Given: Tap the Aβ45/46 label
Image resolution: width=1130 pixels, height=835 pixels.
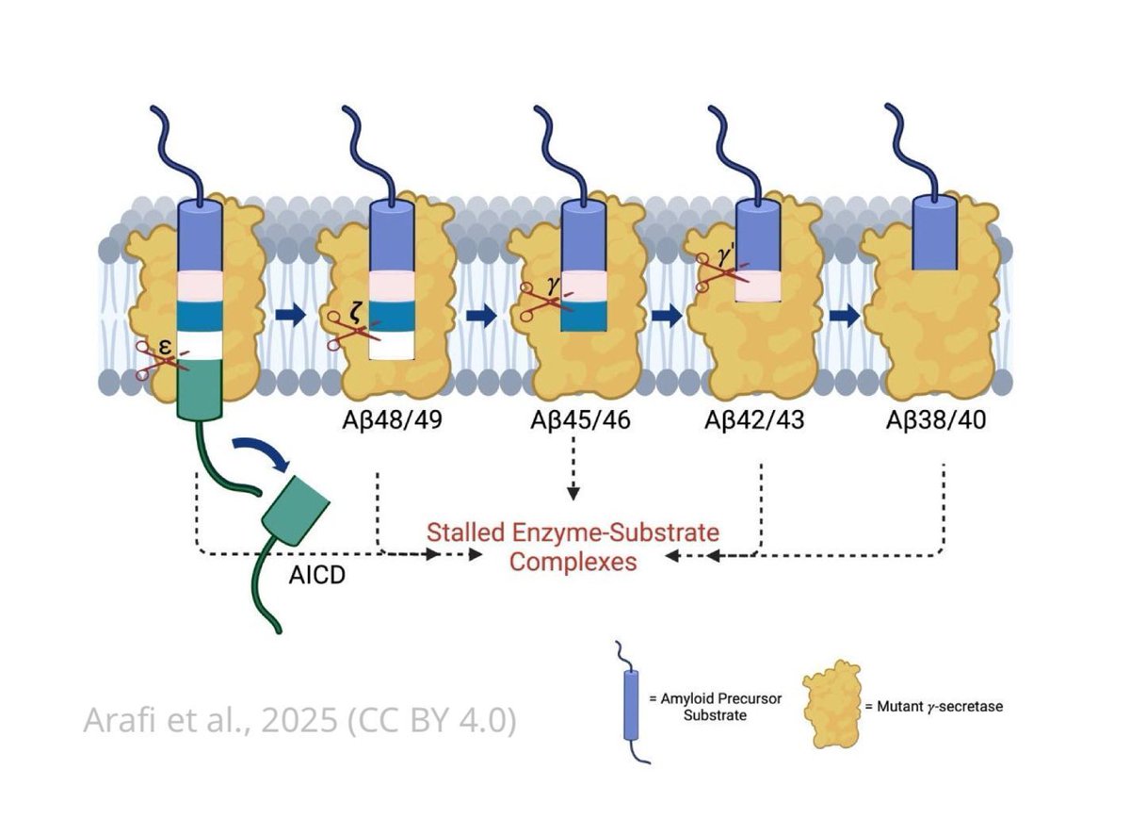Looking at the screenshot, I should point(577,420).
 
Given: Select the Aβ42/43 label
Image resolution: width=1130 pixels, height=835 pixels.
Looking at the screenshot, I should point(755,420).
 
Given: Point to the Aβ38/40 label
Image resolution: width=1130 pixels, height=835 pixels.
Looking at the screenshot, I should point(938,420).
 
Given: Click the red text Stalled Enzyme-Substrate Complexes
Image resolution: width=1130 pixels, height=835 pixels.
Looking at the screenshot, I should point(573,547).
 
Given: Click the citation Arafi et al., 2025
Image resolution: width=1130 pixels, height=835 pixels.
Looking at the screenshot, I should point(299,721).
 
